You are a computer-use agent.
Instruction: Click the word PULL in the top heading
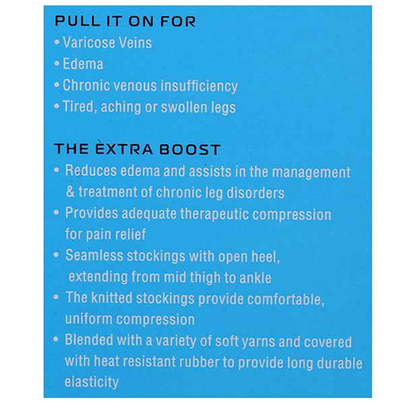77,21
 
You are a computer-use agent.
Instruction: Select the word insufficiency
199,86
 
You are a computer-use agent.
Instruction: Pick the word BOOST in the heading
190,149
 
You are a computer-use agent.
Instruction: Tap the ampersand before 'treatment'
70,191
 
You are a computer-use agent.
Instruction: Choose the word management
311,172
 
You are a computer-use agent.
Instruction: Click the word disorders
255,193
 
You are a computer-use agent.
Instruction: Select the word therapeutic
214,214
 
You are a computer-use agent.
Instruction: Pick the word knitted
112,298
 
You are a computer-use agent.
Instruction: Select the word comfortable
285,300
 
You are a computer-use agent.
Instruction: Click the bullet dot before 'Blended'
56,339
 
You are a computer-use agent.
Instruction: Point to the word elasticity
92,382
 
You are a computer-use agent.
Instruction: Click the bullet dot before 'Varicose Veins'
57,42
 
